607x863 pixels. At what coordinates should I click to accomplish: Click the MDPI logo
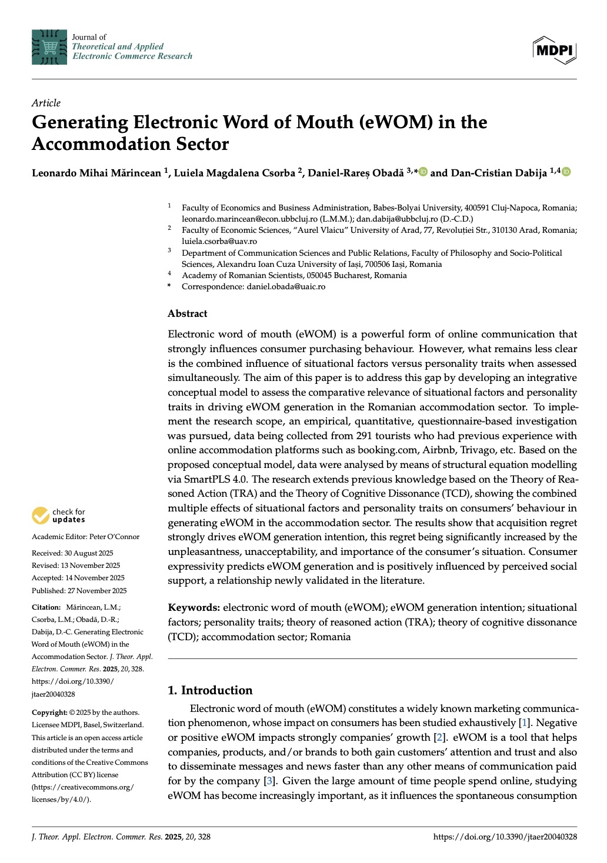[x=554, y=50]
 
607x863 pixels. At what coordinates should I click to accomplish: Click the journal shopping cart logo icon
[x=49, y=46]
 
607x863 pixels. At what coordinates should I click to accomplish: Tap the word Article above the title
[x=46, y=103]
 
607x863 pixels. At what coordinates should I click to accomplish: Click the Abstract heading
[x=187, y=313]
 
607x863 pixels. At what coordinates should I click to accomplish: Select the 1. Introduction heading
[x=210, y=690]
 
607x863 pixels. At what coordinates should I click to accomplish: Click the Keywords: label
[x=194, y=607]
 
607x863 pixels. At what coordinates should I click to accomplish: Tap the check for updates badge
[x=59, y=516]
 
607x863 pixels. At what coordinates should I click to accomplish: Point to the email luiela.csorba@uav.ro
[x=219, y=241]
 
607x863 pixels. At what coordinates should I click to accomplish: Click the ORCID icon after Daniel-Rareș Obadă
[x=423, y=172]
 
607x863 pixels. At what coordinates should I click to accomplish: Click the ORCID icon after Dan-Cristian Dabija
[x=566, y=172]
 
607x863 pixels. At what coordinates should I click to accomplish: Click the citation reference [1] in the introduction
[x=524, y=722]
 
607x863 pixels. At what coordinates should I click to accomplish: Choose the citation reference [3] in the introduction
[x=269, y=781]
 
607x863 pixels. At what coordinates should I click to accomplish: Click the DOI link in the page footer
[x=505, y=837]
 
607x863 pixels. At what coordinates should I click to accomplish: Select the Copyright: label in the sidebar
[x=49, y=713]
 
